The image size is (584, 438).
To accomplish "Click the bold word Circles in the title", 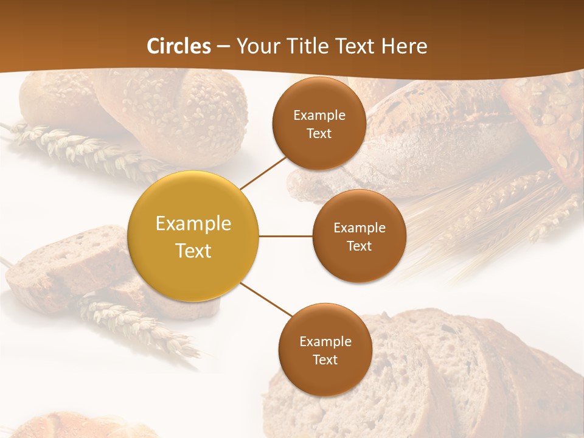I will click(x=178, y=46).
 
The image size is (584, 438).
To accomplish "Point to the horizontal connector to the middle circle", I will click(x=285, y=236).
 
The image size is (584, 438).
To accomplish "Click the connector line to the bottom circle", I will click(x=266, y=300).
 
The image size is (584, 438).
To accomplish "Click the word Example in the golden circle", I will click(x=193, y=224).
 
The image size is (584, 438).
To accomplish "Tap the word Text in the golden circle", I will click(x=193, y=251).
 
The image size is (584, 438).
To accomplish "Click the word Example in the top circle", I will click(x=319, y=116).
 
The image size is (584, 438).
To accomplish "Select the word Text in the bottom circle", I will click(x=325, y=360).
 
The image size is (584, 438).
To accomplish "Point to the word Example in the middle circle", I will click(x=359, y=228).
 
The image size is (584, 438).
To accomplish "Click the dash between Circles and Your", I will click(x=223, y=47).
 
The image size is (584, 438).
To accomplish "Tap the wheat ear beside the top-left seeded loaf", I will click(x=79, y=146).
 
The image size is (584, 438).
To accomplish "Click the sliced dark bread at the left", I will click(x=67, y=268).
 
